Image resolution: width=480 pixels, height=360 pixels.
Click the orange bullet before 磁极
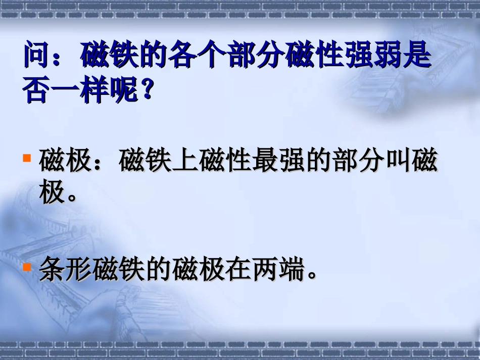[28, 158]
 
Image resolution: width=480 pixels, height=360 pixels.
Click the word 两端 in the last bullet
[278, 269]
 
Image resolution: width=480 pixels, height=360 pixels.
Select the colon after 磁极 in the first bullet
[105, 163]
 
